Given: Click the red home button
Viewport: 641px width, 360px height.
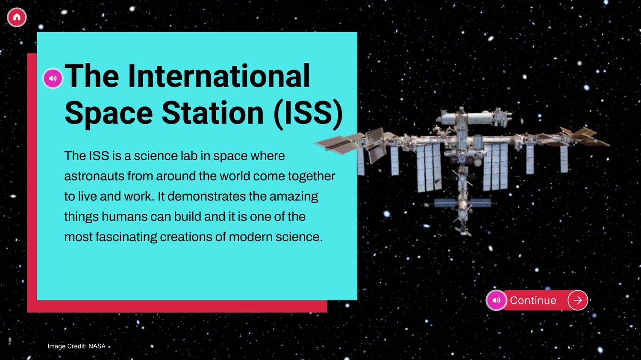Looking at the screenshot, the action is point(17,17).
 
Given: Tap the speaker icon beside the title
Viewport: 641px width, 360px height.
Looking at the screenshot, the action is point(53,78).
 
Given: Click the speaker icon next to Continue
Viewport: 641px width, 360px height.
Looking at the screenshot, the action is point(497,300).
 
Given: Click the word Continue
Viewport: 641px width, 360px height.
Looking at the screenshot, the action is point(533,300).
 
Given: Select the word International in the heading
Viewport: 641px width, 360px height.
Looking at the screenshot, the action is point(219,76).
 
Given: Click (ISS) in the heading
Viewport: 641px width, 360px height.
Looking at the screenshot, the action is point(308,114).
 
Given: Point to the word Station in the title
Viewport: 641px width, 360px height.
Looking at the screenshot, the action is point(212,113).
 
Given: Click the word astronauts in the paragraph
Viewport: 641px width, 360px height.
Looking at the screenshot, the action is point(94,176).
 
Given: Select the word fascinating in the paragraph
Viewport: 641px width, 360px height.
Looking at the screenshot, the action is point(126,237).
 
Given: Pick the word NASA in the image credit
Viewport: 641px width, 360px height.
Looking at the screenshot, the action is point(97,346).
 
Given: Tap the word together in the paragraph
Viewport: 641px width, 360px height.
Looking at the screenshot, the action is point(312,176).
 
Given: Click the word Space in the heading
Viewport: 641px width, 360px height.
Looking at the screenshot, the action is point(109,114).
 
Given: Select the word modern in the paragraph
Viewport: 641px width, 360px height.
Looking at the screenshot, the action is point(251,237).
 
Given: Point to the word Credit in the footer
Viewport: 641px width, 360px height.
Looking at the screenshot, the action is point(76,346).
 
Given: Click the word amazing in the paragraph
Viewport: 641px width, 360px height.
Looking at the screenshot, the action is point(294,197).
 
